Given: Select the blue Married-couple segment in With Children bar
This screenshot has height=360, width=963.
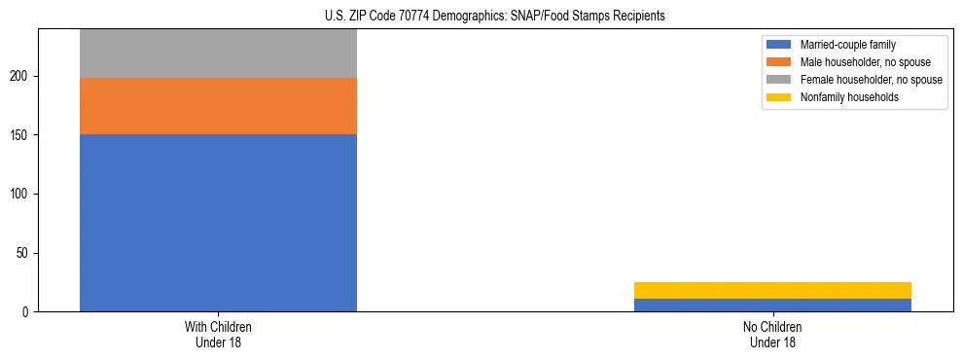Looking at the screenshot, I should pos(218,223).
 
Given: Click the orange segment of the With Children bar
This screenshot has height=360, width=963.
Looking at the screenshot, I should pos(218,106).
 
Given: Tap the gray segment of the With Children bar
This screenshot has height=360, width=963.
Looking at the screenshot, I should pos(218,54).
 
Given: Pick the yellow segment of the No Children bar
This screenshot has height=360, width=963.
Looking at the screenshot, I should pos(772,290).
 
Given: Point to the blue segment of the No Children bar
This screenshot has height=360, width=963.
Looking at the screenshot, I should pos(772,306).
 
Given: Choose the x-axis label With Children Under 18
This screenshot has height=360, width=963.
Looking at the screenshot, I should pos(218,335).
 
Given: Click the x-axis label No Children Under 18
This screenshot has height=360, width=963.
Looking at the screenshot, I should pos(772,335).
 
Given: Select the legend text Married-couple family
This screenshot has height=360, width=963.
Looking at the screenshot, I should pos(848,45).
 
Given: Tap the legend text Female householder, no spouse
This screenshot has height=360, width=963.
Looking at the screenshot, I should pos(871,80).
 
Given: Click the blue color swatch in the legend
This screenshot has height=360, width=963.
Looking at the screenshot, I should pos(779,45).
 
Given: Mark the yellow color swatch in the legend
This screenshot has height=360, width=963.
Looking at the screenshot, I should pos(779,97).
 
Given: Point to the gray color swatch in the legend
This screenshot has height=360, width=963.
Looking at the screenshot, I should pos(779,80).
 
